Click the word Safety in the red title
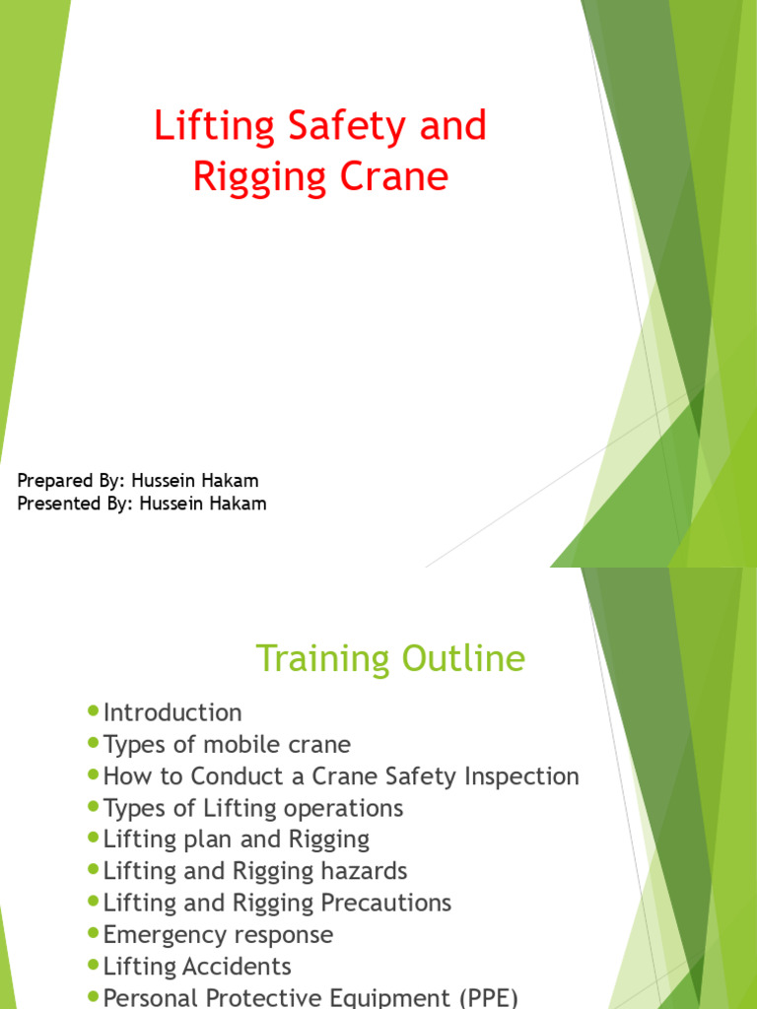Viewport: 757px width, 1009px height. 347,127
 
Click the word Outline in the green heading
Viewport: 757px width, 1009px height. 463,658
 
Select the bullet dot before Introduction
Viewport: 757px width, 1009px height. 94,710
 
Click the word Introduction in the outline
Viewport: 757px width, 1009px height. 172,713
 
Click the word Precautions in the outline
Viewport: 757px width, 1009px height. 386,903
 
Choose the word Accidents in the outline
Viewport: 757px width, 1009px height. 237,966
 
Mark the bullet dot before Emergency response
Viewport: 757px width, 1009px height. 94,932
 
